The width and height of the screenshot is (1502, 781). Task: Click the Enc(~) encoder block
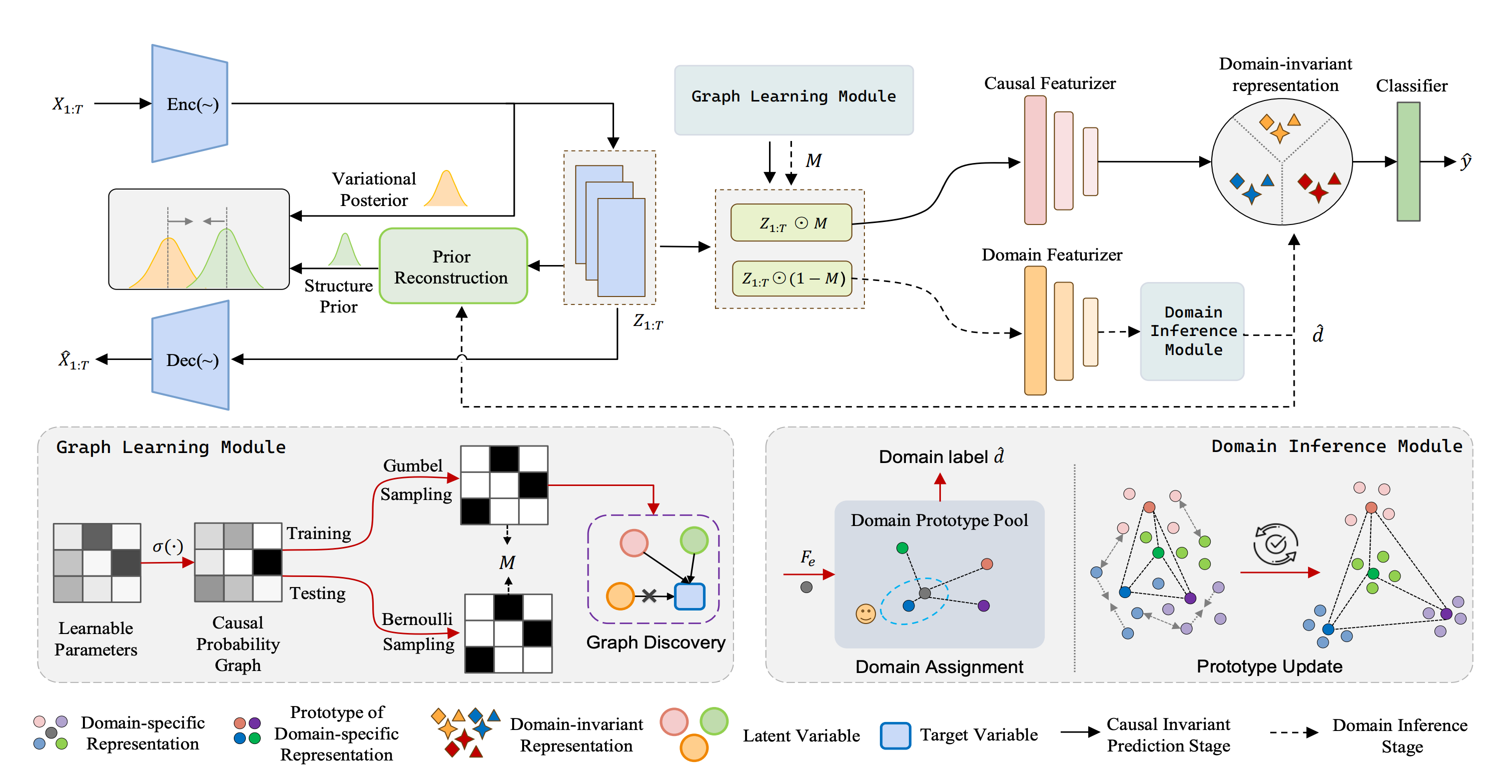click(190, 104)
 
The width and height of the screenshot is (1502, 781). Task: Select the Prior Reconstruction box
click(453, 266)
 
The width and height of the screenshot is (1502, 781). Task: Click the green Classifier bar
click(1408, 161)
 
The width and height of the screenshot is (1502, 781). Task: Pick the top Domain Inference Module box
click(1192, 331)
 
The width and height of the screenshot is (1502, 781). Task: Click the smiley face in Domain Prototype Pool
click(865, 613)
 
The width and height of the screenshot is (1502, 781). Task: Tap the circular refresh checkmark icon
click(1275, 543)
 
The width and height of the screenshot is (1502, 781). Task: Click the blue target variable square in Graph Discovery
click(689, 596)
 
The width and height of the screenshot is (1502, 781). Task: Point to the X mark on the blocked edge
click(649, 595)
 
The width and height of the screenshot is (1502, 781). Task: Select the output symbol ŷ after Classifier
click(1466, 161)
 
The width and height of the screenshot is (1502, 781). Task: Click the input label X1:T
click(67, 105)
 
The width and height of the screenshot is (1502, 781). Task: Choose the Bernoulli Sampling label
click(418, 631)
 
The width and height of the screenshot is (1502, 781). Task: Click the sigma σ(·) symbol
click(167, 546)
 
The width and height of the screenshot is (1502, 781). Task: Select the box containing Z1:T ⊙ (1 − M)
click(792, 279)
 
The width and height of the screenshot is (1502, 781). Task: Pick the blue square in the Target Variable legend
click(895, 735)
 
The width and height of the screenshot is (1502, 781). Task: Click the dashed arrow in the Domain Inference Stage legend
click(1293, 732)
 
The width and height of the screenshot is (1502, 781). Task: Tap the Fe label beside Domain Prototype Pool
click(807, 557)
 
